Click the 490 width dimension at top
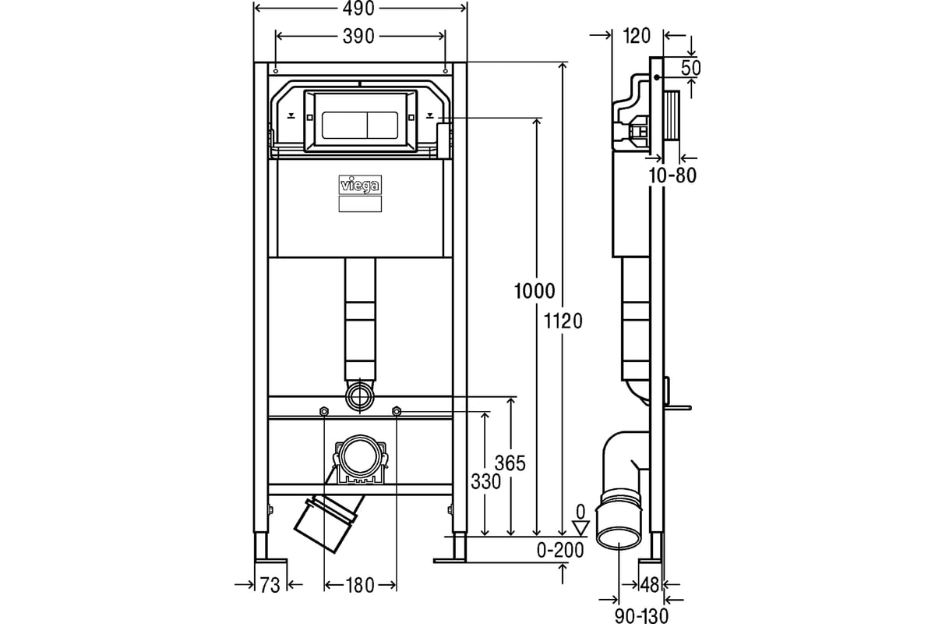pos(358,9)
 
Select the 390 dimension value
pos(358,37)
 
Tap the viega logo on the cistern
pos(360,185)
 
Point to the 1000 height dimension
pos(535,291)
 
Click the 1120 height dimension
pos(563,321)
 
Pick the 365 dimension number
pos(510,463)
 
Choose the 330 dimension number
pos(486,482)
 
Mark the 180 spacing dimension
pos(360,586)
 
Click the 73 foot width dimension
pos(270,586)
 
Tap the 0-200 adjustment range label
pos(560,551)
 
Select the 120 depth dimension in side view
pos(637,37)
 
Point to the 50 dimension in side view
pos(691,68)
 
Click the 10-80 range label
pos(672,175)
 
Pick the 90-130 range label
pos(641,616)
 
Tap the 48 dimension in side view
pos(650,586)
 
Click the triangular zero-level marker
pos(580,528)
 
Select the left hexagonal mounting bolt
pos(324,412)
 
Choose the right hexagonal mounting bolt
pos(397,412)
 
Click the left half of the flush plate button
pos(344,125)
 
